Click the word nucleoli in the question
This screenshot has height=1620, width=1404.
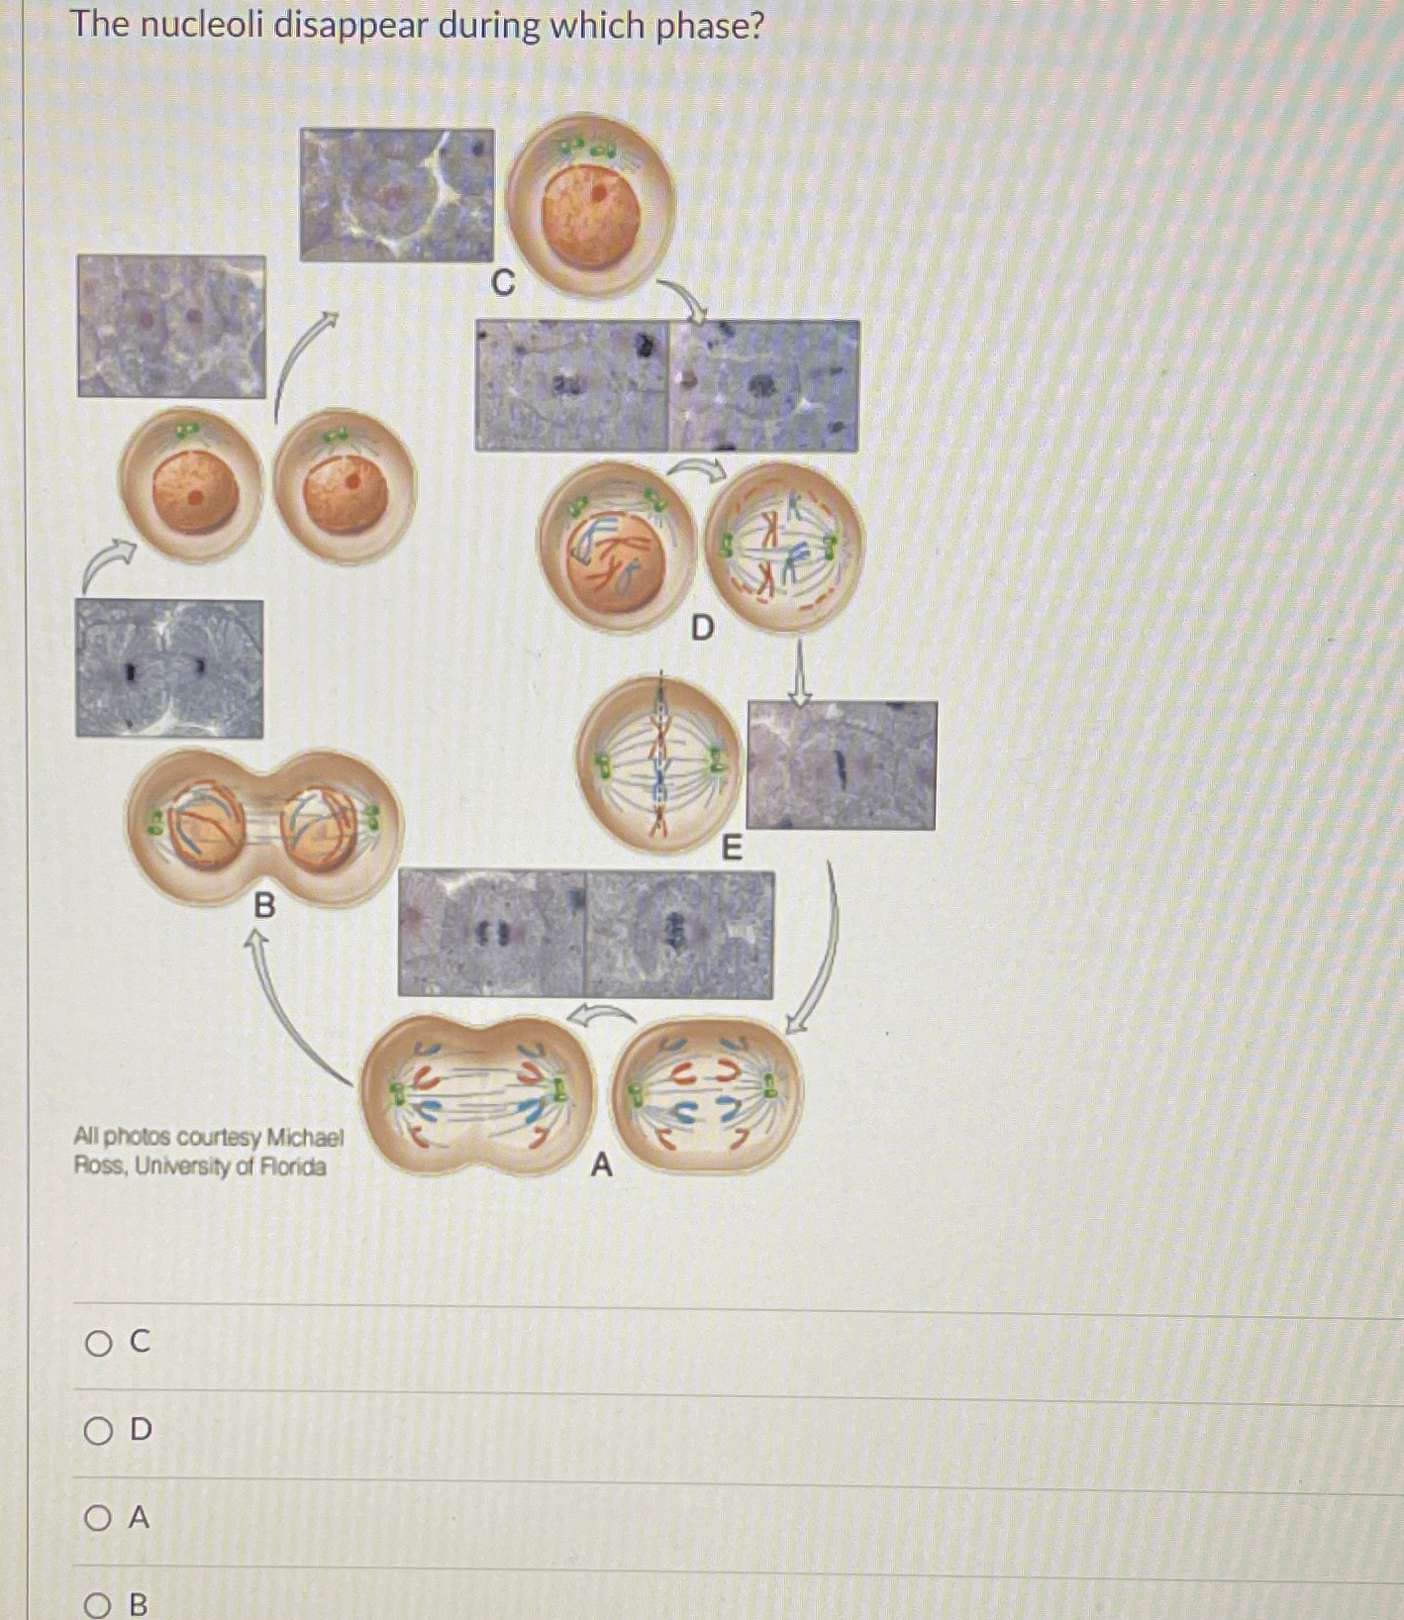tap(201, 25)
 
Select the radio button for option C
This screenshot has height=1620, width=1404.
tap(98, 1343)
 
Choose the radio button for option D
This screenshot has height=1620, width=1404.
tap(98, 1430)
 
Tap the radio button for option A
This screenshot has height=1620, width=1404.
tap(98, 1517)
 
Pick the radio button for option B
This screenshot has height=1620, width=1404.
tap(98, 1604)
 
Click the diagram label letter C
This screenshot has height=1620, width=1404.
tap(503, 284)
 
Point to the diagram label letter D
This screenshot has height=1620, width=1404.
tap(701, 627)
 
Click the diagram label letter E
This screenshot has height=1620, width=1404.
tap(731, 848)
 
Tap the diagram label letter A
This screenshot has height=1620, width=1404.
tap(601, 1165)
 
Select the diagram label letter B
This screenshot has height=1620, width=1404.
tap(264, 904)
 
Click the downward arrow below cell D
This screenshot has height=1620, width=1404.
tap(800, 673)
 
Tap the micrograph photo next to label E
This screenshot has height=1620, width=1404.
tap(841, 764)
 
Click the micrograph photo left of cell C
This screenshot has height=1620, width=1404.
tap(396, 195)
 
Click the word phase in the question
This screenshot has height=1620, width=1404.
tap(697, 25)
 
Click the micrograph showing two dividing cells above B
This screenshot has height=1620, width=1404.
tap(169, 668)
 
